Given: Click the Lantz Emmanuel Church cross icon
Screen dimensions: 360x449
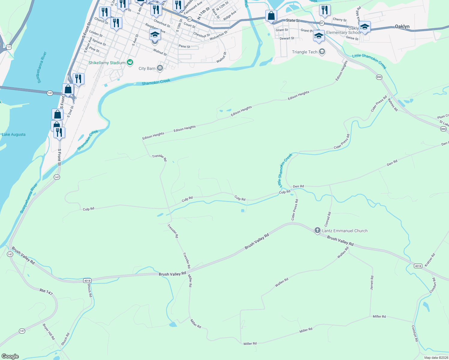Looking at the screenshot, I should (317, 230).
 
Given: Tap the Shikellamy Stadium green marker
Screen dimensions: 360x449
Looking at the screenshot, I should (130, 62).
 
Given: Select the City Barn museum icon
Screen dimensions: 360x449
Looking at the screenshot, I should (160, 68).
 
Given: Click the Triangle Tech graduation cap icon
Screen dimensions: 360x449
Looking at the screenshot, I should (322, 52).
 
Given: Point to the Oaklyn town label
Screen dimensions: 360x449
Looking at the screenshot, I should (402, 26).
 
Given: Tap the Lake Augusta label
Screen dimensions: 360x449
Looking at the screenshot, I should (14, 134).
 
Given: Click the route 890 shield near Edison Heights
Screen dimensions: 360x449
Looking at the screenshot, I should (379, 77).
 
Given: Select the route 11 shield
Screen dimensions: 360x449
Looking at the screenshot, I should (9, 47).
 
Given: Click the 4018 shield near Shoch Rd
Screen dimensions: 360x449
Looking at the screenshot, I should (87, 281).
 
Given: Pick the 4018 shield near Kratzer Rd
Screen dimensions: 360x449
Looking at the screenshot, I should (418, 266).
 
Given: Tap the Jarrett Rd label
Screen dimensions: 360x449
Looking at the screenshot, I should (372, 282).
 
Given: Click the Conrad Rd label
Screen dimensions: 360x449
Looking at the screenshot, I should (327, 219).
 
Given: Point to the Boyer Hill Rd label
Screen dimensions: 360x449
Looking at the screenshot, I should (49, 331).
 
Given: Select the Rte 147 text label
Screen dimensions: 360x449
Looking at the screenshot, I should (46, 291).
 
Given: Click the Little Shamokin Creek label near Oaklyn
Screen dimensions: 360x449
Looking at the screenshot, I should (369, 61).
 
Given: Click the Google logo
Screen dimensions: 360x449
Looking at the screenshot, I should (10, 356).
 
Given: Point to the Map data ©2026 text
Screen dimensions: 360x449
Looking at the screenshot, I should (436, 358).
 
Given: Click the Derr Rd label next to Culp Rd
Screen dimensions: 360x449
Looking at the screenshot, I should (298, 186).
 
